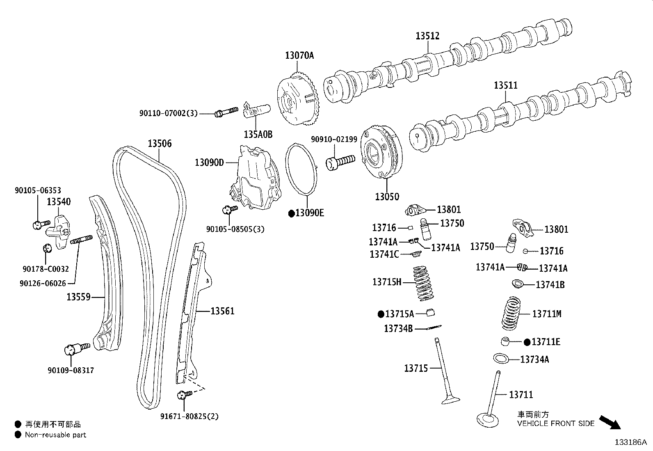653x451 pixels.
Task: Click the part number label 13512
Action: tap(427, 36)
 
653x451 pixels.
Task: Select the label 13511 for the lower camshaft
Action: tap(505, 85)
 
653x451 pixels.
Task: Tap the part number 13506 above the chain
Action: tap(160, 144)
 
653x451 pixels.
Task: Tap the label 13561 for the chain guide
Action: tap(222, 311)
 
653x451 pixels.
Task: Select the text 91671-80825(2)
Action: tap(189, 417)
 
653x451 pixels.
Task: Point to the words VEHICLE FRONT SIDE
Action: tap(555, 424)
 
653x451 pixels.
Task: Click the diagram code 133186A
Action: tap(630, 442)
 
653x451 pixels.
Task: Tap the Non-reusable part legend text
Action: tap(55, 435)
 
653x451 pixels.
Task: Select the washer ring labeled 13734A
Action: tap(501, 358)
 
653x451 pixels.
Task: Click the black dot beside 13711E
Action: tap(527, 342)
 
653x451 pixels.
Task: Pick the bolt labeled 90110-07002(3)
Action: tap(226, 112)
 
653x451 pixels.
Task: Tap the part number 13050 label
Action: tap(386, 197)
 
